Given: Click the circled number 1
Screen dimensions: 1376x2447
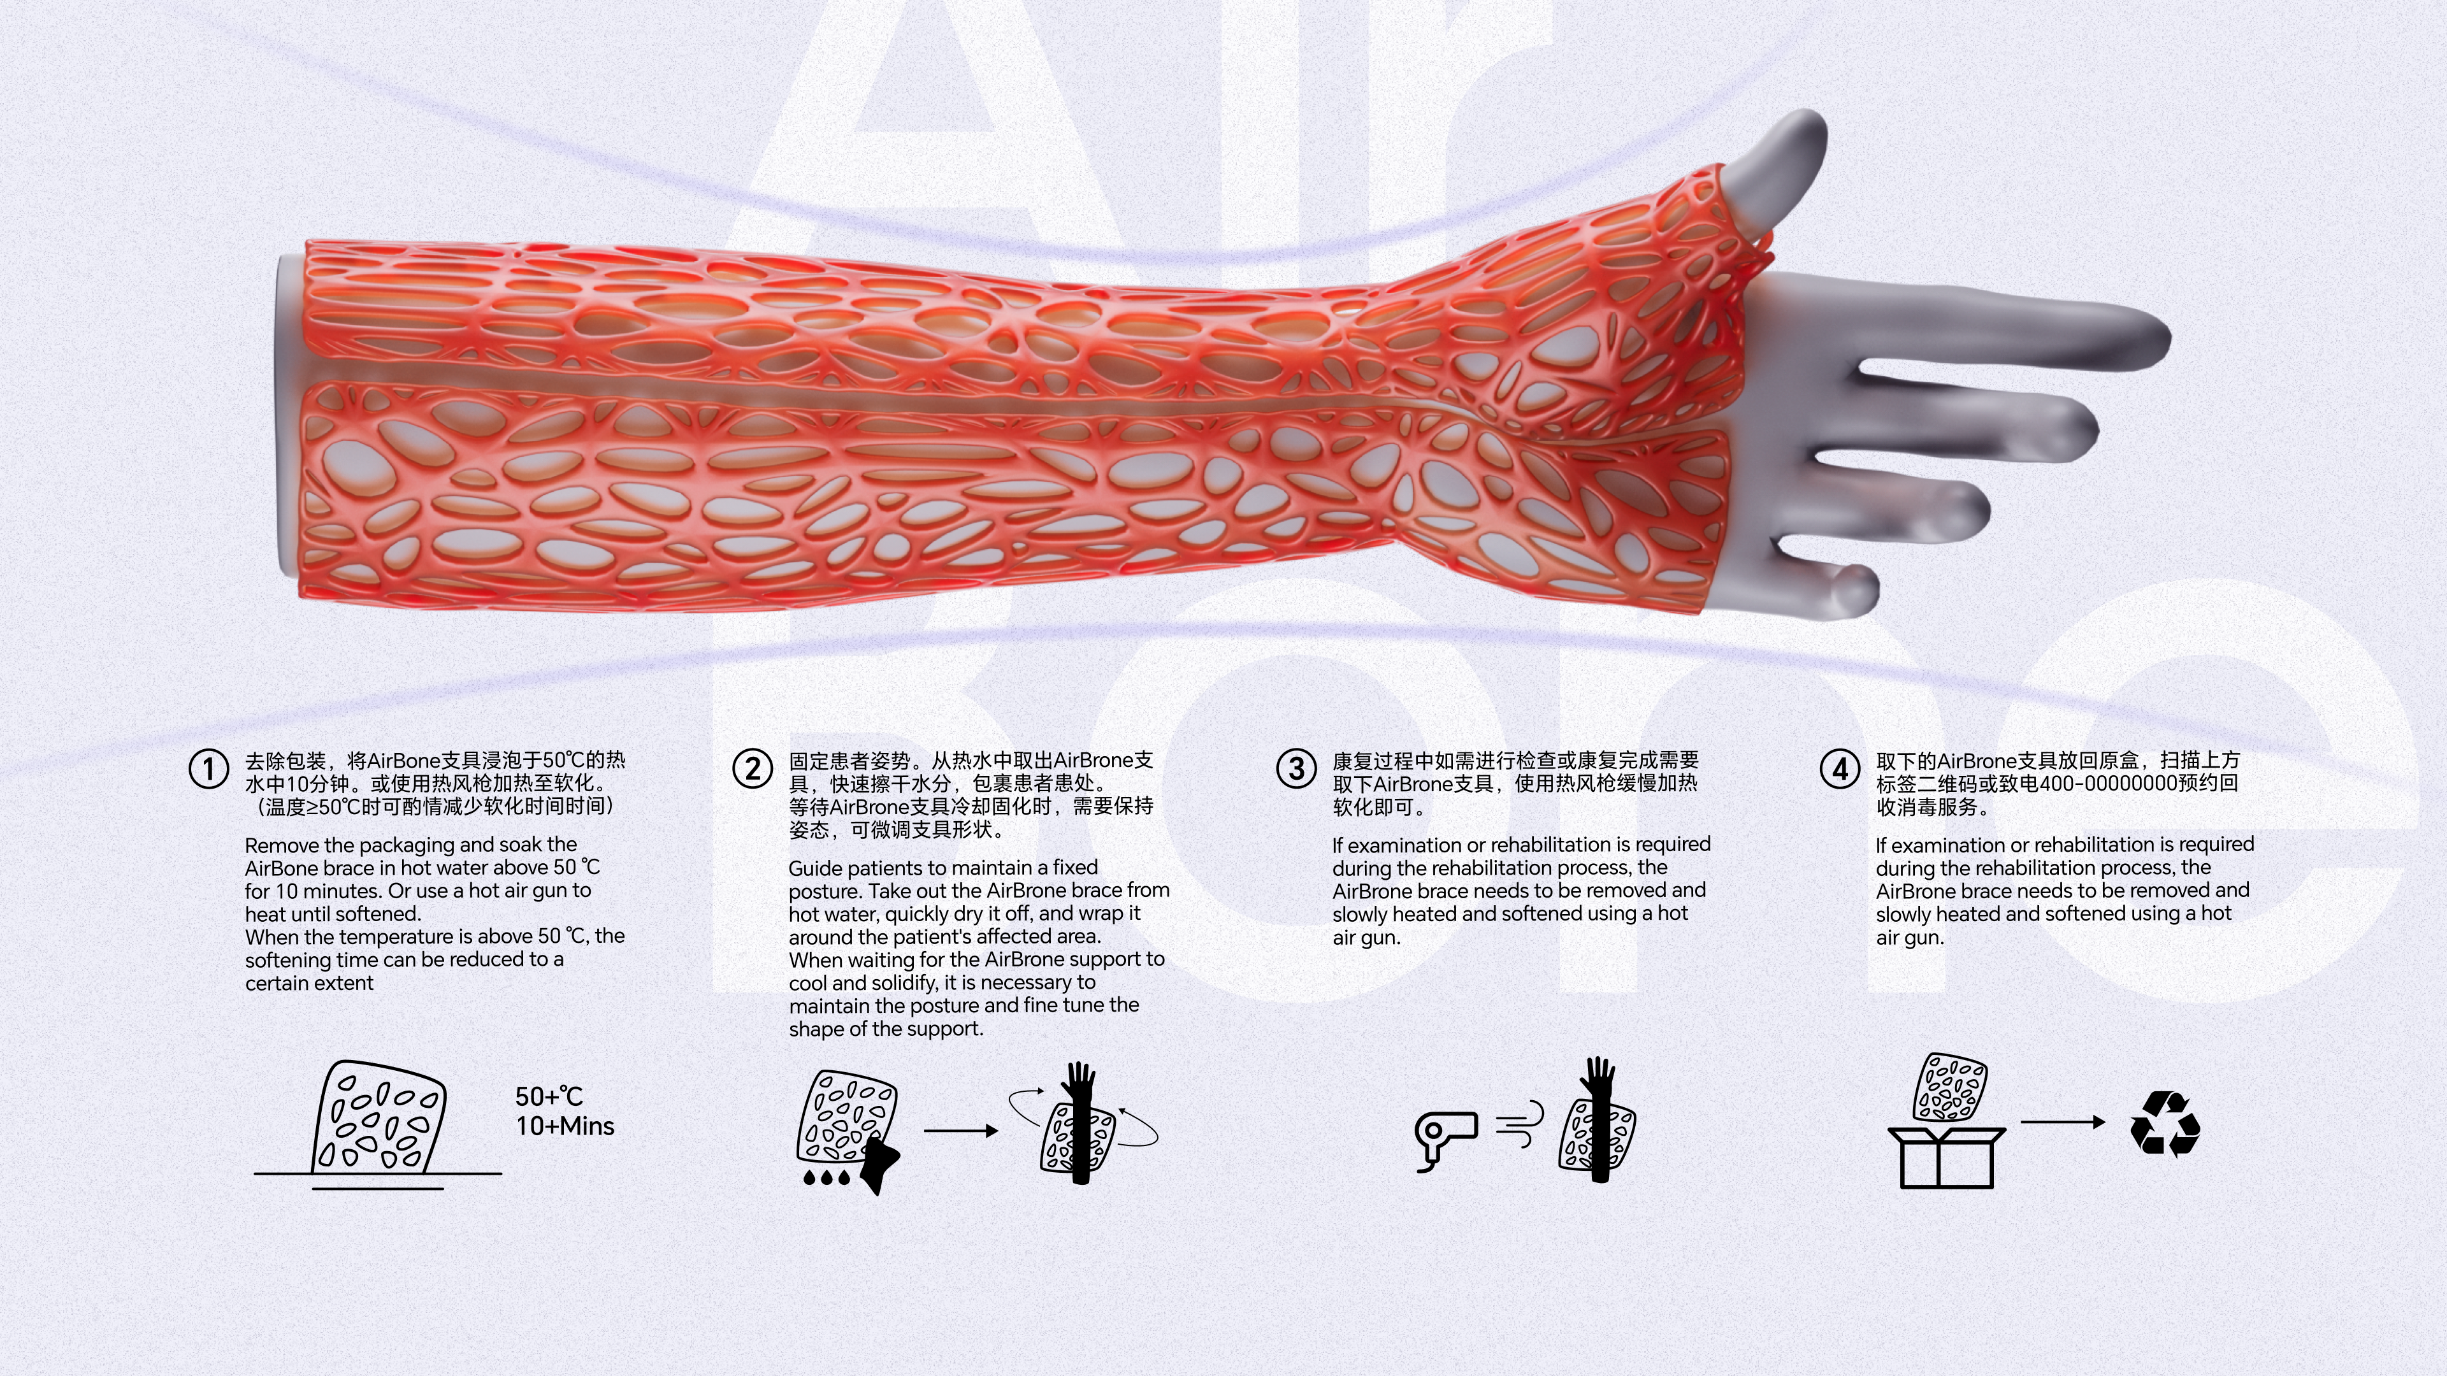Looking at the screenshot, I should (209, 769).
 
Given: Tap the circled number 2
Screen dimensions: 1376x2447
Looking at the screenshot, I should (753, 768).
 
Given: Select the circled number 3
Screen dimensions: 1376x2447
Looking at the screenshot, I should (1296, 768).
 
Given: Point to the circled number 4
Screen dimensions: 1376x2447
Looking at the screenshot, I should (1839, 768).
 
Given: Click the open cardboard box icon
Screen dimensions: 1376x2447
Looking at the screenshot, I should (1946, 1157).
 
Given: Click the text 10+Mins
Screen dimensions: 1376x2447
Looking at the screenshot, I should (565, 1126).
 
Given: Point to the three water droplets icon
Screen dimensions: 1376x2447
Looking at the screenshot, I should (826, 1177).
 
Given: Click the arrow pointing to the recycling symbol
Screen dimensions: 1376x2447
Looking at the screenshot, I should (2062, 1121).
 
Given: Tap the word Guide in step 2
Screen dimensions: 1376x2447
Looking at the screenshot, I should (816, 868).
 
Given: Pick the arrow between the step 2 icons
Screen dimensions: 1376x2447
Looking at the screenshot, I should (960, 1131).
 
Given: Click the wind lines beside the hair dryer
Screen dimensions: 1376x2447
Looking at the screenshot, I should (1519, 1125).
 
